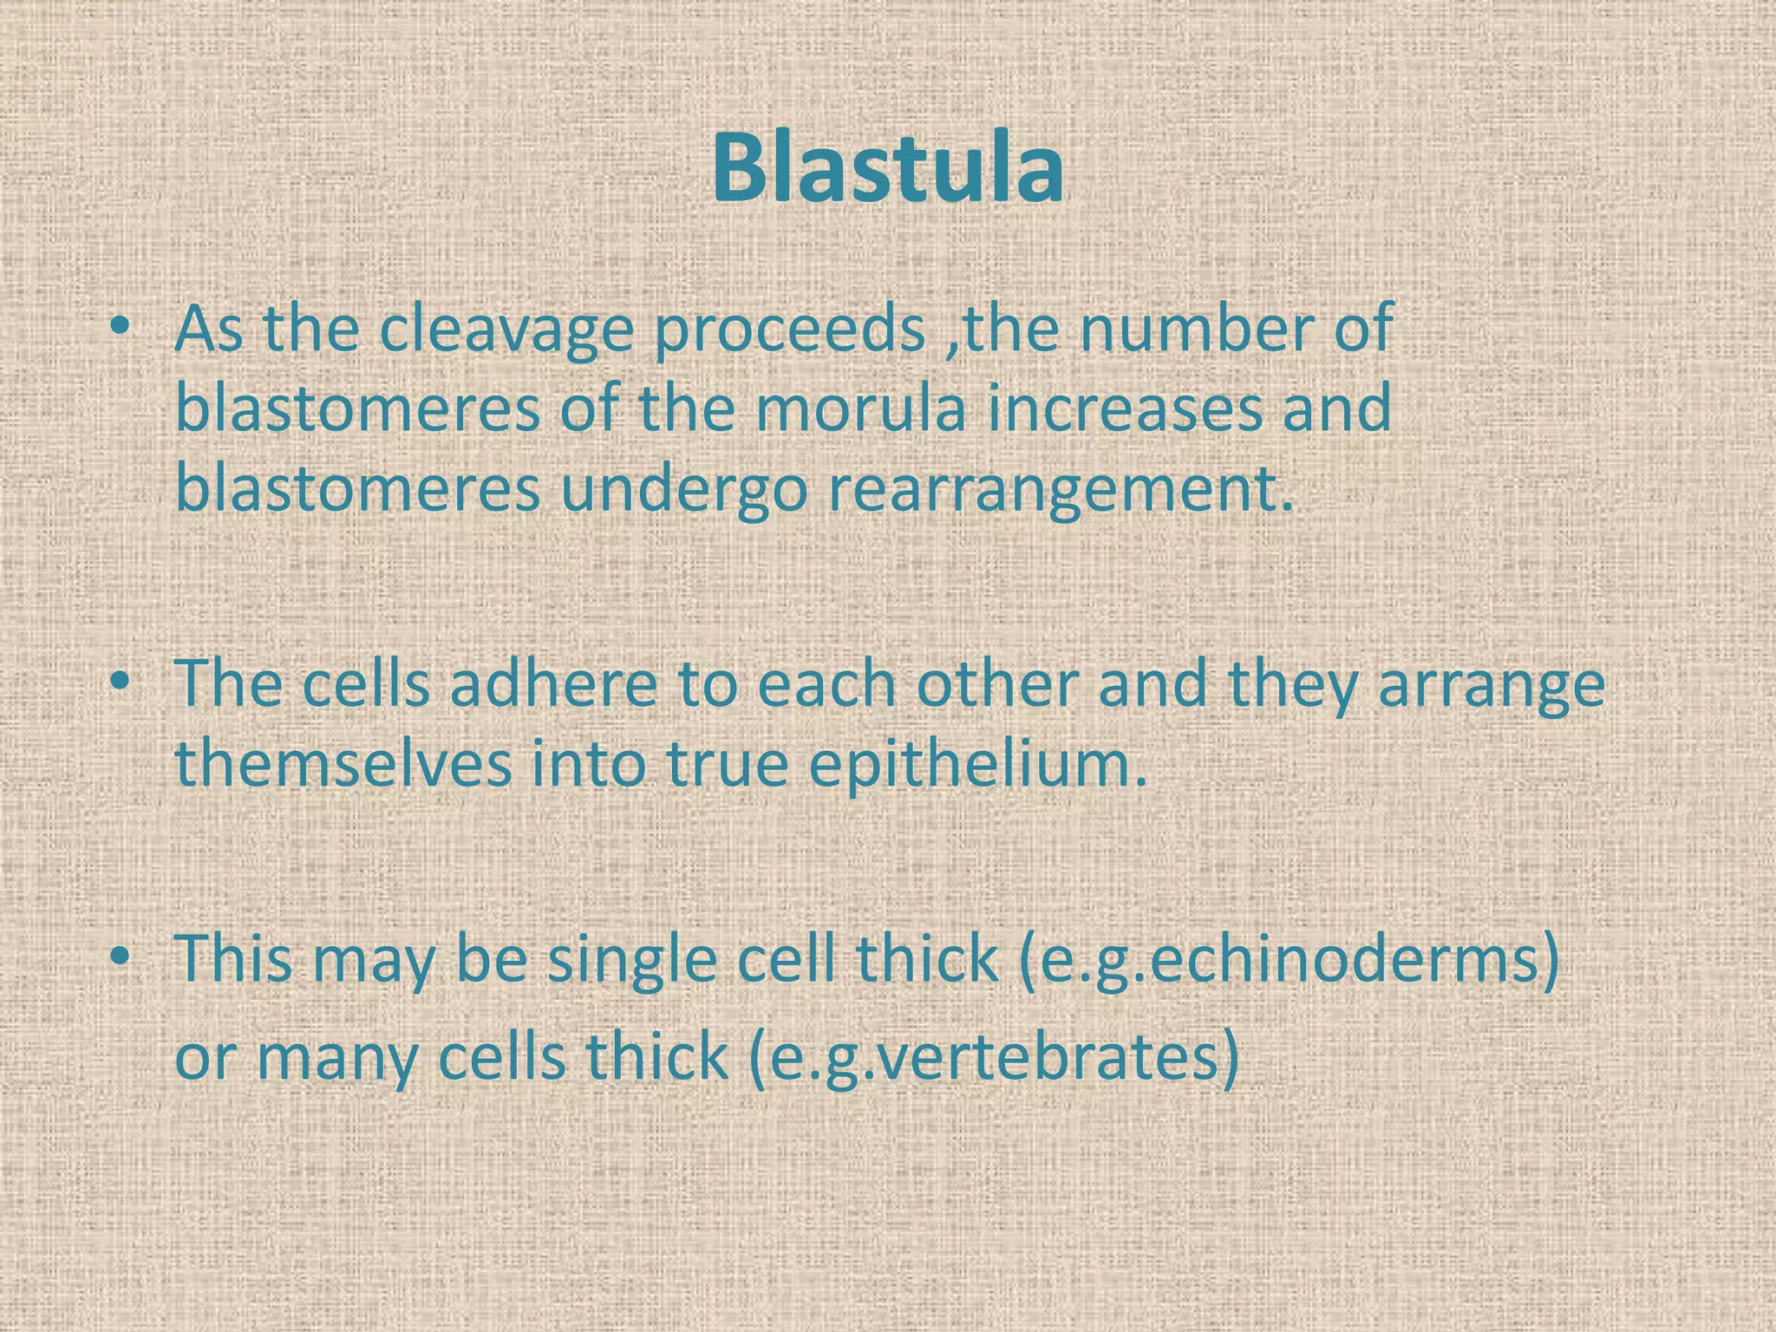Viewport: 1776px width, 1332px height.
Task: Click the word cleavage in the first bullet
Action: coord(506,332)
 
